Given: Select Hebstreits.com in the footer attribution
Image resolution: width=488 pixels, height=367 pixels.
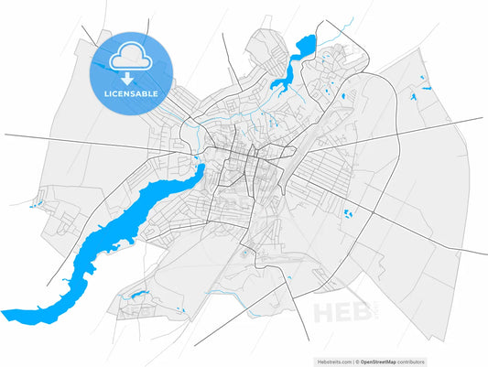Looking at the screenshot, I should [332, 362].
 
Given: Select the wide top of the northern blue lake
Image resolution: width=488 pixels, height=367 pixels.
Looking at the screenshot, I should [305, 43].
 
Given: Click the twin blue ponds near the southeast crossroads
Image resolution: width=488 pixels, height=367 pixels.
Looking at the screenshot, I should [349, 214].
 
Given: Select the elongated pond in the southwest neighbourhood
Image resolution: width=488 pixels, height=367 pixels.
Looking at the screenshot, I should [139, 294].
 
